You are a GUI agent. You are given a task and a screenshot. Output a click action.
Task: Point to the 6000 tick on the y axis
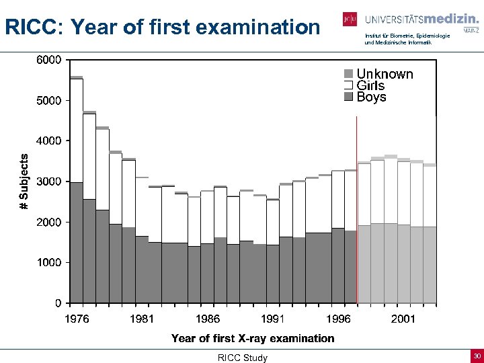point(48,60)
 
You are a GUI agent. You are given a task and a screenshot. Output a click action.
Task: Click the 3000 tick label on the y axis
point(48,182)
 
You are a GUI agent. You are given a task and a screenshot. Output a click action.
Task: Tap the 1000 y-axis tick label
point(48,262)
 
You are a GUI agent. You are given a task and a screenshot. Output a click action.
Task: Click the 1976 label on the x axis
point(76,319)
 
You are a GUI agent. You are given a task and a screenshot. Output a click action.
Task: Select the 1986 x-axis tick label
point(207,319)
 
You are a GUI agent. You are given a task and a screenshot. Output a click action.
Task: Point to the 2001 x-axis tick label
point(403,319)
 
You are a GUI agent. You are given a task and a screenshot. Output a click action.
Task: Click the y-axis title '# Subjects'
point(24,182)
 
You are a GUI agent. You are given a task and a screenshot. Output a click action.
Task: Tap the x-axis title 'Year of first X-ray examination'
point(253,338)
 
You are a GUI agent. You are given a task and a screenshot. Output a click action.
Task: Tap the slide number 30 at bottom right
point(476,356)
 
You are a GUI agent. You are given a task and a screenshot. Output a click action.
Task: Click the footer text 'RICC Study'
point(242,358)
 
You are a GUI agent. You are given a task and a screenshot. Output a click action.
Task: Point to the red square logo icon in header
point(350,19)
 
